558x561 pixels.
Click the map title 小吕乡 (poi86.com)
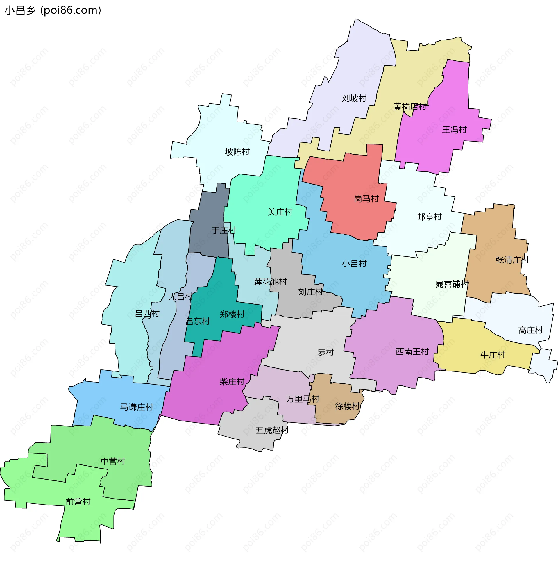[x=53, y=10]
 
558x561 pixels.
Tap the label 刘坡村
[x=354, y=99]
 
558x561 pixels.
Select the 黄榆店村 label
[x=409, y=107]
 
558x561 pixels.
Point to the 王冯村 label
[x=454, y=130]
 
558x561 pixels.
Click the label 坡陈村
[x=237, y=152]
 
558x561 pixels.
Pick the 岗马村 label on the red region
[x=366, y=199]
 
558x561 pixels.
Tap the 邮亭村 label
[x=429, y=217]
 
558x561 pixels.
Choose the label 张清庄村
[x=512, y=260]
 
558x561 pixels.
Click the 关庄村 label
[x=280, y=212]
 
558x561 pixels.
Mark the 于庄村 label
[x=224, y=231]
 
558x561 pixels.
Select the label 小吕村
[x=354, y=264]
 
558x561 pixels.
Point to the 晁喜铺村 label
[x=452, y=284]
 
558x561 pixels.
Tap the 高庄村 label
[x=530, y=330]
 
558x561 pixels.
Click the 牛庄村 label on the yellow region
[x=493, y=355]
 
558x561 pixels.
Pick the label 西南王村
[x=412, y=352]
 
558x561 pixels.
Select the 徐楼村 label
[x=348, y=406]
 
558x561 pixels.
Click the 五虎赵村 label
[x=272, y=430]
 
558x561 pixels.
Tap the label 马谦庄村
[x=137, y=407]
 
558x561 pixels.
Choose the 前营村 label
[x=78, y=502]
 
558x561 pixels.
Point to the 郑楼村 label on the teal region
[x=232, y=314]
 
